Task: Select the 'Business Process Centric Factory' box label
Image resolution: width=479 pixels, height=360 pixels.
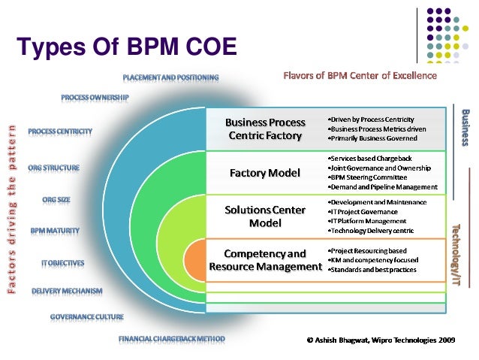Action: coord(265,129)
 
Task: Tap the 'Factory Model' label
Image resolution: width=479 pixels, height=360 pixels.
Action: coord(265,173)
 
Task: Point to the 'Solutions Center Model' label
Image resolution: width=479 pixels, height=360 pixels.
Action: coord(265,216)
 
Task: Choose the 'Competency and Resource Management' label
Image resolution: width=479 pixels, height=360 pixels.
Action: coord(265,260)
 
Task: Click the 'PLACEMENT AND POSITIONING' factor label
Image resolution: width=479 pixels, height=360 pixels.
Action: coord(170,77)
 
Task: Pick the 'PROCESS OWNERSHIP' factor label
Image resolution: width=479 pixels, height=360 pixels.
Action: coord(95,97)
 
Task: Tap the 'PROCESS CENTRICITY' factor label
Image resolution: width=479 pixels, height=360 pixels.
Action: coord(61,132)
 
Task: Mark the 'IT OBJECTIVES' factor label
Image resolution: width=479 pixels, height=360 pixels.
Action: coord(63,263)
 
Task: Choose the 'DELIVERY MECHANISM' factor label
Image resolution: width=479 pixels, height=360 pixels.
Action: coord(72,290)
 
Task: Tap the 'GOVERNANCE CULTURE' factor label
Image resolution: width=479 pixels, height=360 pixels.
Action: coord(87,317)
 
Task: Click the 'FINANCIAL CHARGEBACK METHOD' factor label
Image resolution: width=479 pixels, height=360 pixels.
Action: coord(171,339)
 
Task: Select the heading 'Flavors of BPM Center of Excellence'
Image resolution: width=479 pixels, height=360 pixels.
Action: coord(360,76)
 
